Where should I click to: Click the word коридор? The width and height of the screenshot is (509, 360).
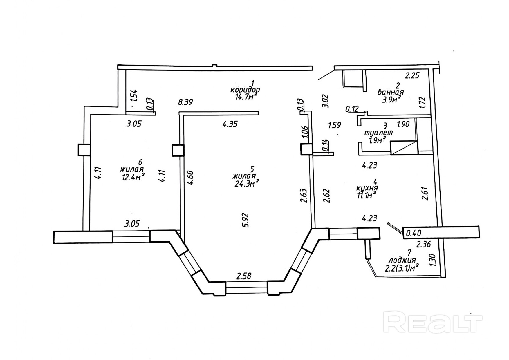tap(245, 90)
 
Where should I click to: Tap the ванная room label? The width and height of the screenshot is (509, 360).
tap(390, 93)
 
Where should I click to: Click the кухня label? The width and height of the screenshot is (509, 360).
tap(367, 188)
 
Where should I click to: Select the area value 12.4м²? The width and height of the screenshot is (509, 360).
tap(133, 176)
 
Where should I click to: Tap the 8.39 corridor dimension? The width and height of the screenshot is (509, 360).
tap(185, 102)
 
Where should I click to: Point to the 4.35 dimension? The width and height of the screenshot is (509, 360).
tap(230, 124)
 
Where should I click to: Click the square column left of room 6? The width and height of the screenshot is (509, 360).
tap(84, 150)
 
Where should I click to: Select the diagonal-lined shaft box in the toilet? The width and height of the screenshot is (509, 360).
tap(404, 148)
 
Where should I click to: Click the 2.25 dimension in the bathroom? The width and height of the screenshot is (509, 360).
tap(412, 76)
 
